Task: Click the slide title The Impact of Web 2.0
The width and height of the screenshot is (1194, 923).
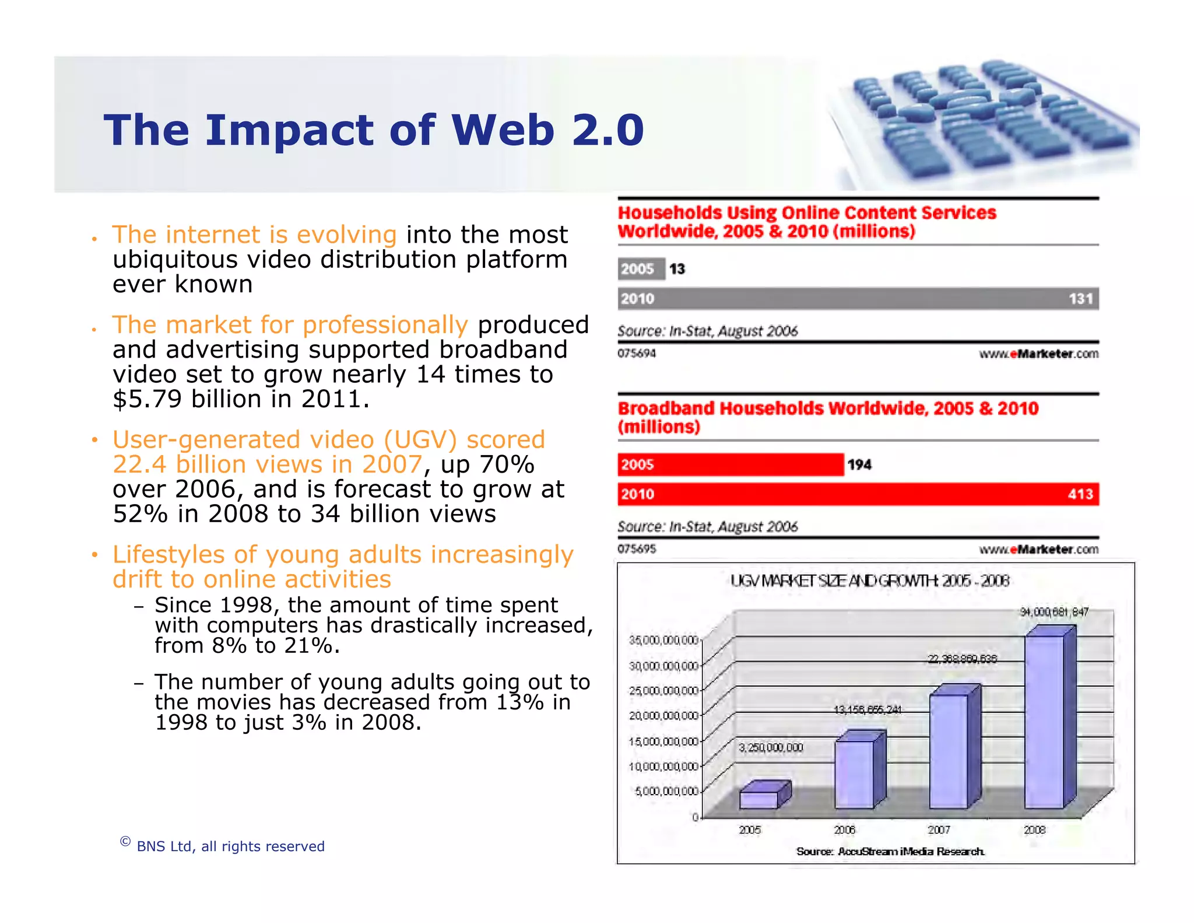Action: coord(373,130)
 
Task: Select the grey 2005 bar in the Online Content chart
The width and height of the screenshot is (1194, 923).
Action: coord(641,269)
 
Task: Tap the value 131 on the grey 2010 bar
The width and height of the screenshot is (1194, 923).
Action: coord(1080,299)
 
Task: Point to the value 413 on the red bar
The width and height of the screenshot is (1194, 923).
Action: coord(1080,494)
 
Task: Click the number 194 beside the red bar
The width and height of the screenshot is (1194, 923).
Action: coord(859,465)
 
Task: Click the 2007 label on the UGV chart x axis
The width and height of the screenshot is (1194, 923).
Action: coord(939,830)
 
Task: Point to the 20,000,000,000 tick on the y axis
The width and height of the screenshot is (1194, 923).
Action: coord(663,716)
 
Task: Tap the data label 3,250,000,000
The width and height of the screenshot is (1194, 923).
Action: coord(771,748)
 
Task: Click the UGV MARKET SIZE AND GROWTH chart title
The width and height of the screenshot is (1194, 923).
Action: coord(869,581)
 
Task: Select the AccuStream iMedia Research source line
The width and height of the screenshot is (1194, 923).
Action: coord(890,851)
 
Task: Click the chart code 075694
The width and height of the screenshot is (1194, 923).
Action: coord(637,354)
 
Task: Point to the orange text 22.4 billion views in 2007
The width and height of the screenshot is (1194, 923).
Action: coord(267,464)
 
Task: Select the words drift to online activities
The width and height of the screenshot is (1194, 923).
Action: coord(252,579)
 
